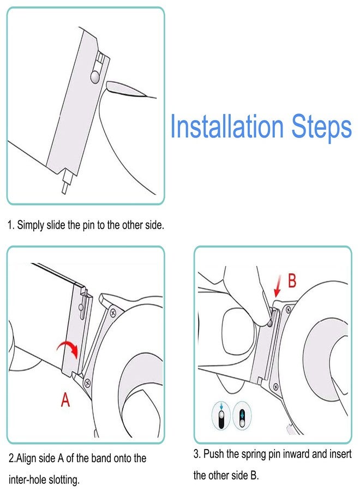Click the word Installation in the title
pos(227,126)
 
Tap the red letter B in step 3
pos(292,280)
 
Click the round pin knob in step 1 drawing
pos(95,76)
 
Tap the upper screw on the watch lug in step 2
pos(113,313)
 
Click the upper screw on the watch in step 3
pos(288,309)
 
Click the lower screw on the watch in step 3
pos(276,386)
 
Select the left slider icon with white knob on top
pos(221,416)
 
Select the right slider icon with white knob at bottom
pos(242,415)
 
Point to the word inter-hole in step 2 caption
pos(28,480)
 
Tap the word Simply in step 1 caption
pos(31,225)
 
